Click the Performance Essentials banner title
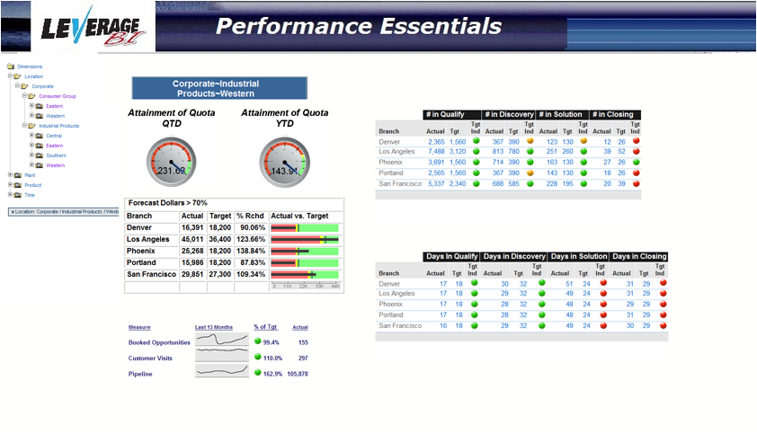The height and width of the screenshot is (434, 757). click(x=358, y=25)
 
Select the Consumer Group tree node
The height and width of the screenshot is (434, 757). click(x=58, y=96)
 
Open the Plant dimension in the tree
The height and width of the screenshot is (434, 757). click(x=30, y=175)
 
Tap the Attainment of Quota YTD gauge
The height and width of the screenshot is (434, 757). click(x=284, y=163)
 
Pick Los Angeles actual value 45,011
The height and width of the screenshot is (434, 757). click(x=192, y=240)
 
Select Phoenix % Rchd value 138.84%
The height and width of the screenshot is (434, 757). click(x=251, y=252)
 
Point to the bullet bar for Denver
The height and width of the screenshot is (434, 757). click(x=305, y=228)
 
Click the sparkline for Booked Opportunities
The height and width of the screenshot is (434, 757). click(x=221, y=342)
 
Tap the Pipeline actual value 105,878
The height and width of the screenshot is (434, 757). click(x=298, y=374)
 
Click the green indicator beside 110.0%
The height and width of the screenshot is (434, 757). click(x=257, y=358)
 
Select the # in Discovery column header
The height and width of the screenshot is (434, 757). click(x=509, y=114)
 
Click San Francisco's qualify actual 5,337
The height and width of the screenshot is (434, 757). click(x=436, y=184)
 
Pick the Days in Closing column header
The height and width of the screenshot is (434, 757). click(x=639, y=257)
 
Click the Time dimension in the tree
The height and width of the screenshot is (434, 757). click(x=30, y=195)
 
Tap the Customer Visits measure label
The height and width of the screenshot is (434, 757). click(x=150, y=359)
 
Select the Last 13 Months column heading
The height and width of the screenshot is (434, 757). click(x=214, y=328)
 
